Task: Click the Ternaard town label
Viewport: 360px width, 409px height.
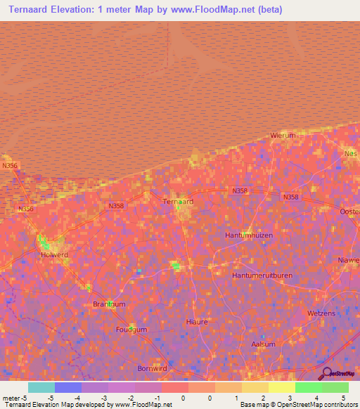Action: click(178, 201)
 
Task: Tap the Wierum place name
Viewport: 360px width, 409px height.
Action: click(283, 136)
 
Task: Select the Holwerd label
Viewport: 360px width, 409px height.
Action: click(54, 254)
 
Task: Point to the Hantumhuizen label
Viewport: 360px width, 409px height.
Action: click(248, 235)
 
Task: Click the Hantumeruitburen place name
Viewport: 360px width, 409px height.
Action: click(262, 275)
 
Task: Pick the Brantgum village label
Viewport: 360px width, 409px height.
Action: click(108, 304)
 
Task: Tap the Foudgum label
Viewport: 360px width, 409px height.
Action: click(131, 329)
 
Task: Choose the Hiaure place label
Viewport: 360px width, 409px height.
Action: click(197, 322)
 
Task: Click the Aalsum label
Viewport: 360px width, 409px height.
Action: click(264, 344)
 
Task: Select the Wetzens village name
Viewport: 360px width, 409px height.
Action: click(322, 313)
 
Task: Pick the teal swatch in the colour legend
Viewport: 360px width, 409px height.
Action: click(41, 387)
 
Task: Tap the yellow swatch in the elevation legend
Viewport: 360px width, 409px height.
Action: click(281, 387)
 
